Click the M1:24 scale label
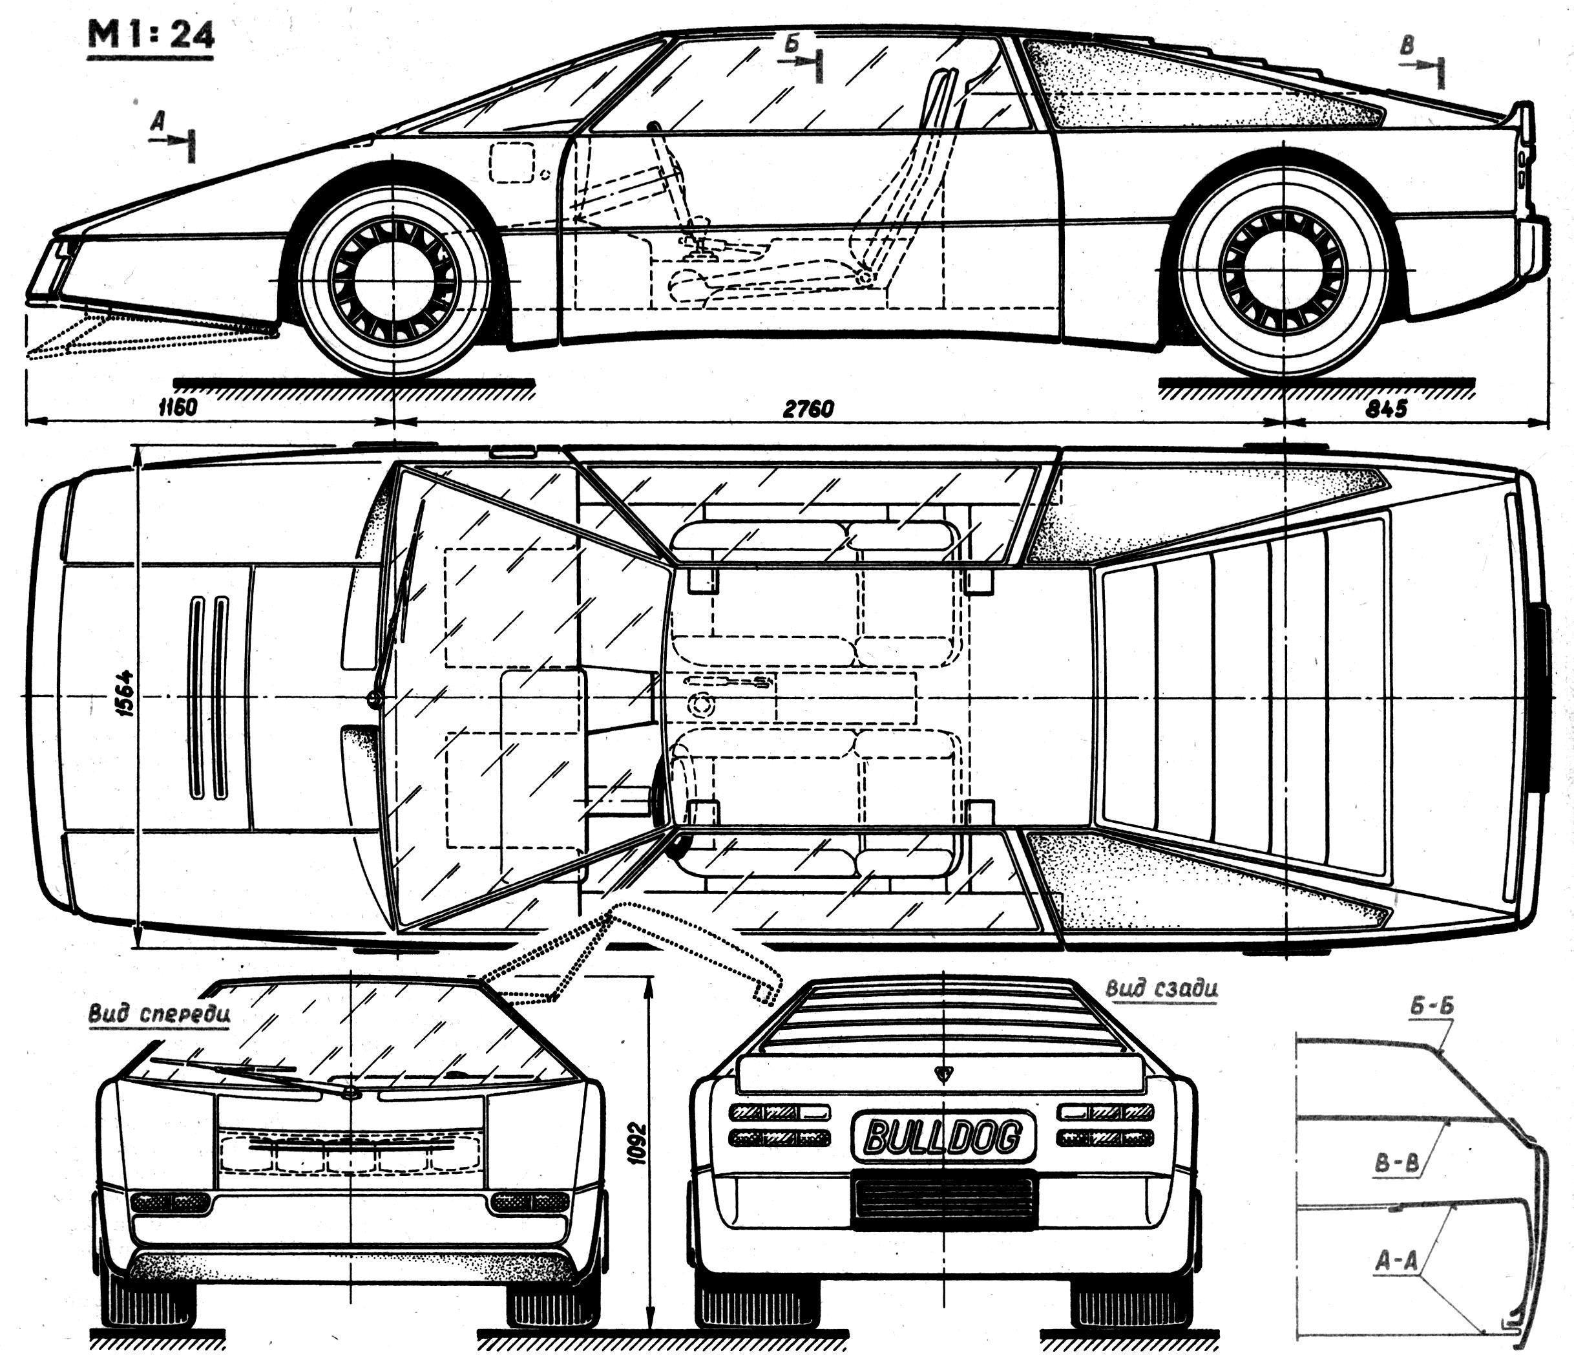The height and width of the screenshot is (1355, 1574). coord(151,35)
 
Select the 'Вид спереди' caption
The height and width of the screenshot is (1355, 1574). coord(160,1014)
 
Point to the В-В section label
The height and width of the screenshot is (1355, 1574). coord(1397,1164)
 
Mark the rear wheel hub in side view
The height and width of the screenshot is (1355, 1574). coord(1283,272)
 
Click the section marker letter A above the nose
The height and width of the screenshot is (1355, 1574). coord(157,120)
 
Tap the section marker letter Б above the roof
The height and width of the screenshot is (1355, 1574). coord(792,45)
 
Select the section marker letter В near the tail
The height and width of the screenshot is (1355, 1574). coord(1408,47)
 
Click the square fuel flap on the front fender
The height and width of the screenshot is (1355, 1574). coord(512,163)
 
